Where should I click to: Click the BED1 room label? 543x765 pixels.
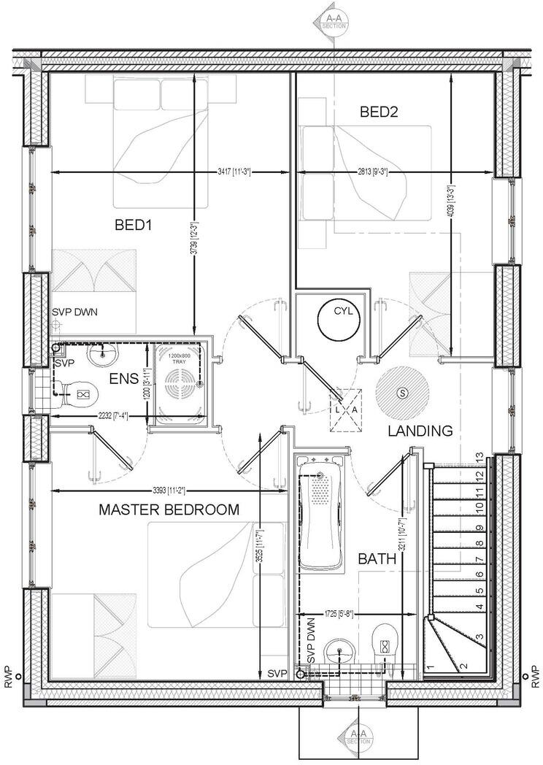tap(133, 225)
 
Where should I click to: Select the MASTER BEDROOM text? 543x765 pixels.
tap(169, 510)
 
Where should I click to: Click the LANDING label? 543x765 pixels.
tap(420, 431)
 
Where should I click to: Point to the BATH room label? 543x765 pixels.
tap(377, 559)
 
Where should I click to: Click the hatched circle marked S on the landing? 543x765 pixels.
tap(401, 393)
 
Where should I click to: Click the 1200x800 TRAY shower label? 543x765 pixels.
tap(178, 358)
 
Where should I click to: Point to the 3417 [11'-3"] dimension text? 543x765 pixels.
tap(234, 172)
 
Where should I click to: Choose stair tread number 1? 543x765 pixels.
tap(431, 666)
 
